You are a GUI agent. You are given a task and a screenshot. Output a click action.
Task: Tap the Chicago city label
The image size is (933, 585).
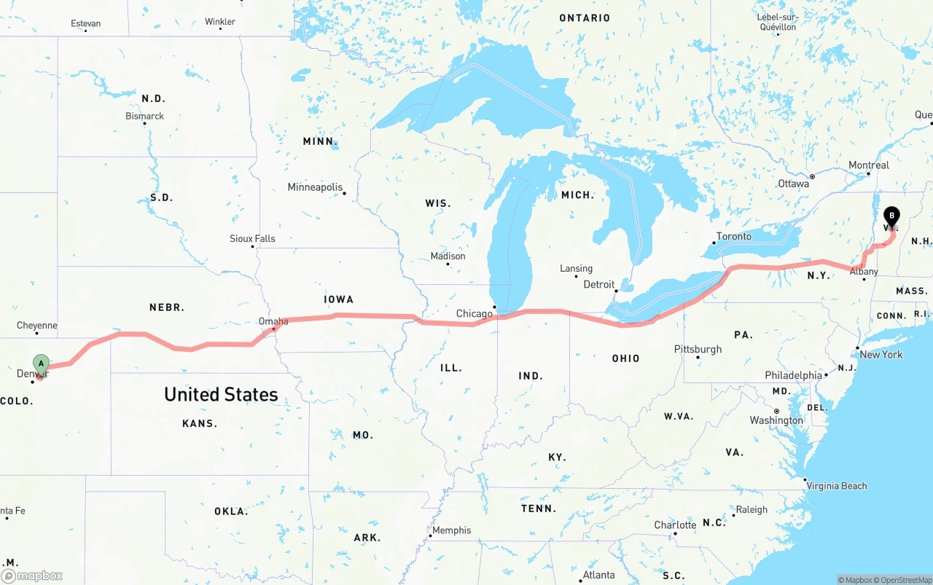click(475, 314)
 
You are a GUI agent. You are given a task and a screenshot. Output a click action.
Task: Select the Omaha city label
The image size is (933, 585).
click(273, 321)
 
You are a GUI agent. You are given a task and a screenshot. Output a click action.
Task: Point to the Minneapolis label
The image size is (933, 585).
click(315, 187)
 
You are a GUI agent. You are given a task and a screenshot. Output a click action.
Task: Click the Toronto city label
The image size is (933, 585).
click(733, 237)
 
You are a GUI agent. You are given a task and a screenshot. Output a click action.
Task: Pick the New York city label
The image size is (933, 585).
click(881, 355)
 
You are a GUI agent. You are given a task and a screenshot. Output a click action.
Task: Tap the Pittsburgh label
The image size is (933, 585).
click(698, 349)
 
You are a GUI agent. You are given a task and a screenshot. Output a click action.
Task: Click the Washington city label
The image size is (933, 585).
click(776, 420)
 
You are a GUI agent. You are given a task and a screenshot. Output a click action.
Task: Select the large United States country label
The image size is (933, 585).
click(221, 394)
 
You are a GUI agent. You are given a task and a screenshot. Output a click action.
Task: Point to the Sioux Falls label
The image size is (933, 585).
click(252, 238)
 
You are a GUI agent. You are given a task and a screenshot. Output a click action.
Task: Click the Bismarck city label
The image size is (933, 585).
click(144, 116)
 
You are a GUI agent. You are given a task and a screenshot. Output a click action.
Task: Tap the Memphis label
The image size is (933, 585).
click(452, 530)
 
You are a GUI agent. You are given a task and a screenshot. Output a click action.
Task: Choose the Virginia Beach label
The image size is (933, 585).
click(836, 486)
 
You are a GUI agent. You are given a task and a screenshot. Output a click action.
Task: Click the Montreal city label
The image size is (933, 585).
click(869, 165)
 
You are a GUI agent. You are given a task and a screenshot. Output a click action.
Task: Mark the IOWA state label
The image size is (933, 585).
click(338, 299)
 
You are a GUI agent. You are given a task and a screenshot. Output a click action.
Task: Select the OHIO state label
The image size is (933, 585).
click(625, 358)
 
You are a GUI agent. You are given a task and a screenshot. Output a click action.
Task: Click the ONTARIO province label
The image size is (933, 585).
click(585, 17)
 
